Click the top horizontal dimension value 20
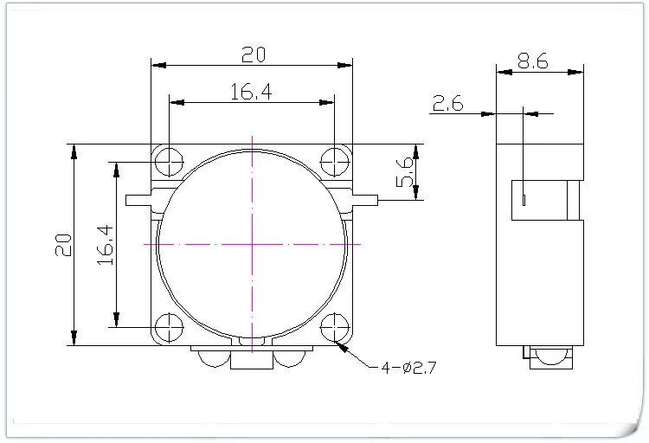[252, 55]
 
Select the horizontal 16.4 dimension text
[252, 92]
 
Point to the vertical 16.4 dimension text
[104, 245]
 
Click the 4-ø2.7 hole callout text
[405, 368]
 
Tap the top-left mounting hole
[168, 161]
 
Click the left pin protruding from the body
[138, 201]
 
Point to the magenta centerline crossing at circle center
[252, 245]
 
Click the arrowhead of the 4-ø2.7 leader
[345, 348]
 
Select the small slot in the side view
[524, 201]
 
